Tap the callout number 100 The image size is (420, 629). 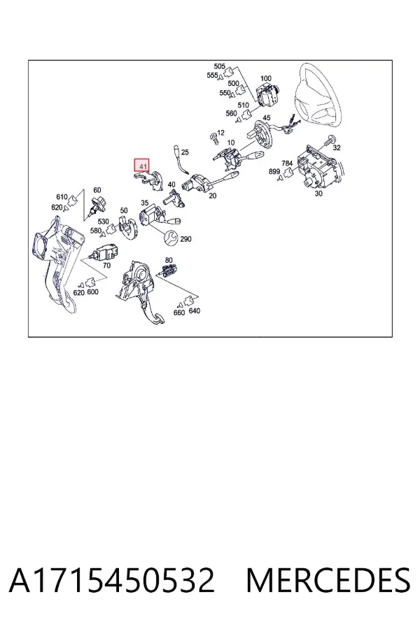(x=266, y=78)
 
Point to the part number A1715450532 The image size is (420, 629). (x=112, y=580)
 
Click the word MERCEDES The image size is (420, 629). (x=328, y=580)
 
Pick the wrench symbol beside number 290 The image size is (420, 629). (x=171, y=238)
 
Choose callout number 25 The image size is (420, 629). (x=185, y=152)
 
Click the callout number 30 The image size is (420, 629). (x=318, y=194)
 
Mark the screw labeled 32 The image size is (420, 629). (x=330, y=140)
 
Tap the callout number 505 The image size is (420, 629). (x=219, y=66)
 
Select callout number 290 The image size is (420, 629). (x=185, y=239)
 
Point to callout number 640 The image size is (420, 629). (x=194, y=311)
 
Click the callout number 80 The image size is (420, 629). (x=169, y=261)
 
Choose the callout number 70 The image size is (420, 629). (x=106, y=265)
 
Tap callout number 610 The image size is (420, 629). (x=62, y=197)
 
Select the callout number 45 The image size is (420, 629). (x=267, y=118)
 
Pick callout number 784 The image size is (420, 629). (x=287, y=164)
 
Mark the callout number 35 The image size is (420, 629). (x=145, y=203)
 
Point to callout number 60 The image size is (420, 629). (x=97, y=190)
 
